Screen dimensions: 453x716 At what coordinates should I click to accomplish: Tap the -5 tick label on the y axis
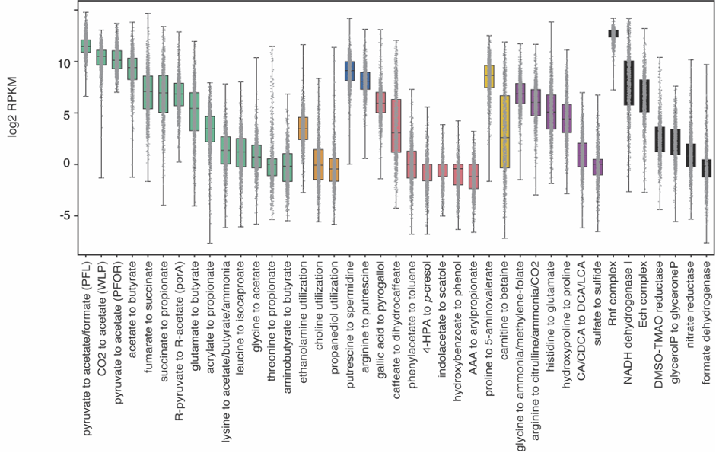(x=63, y=215)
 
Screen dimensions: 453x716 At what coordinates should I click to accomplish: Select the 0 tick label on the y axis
(x=67, y=164)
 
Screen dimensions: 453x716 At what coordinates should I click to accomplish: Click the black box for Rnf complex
(x=613, y=33)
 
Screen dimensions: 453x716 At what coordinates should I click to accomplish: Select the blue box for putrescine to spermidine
(x=349, y=71)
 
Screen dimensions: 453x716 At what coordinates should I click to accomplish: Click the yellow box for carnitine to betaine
(x=504, y=131)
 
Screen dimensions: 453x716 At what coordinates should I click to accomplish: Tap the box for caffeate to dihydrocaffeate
(x=396, y=125)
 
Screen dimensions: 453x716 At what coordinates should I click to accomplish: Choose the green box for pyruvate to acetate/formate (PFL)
(x=86, y=46)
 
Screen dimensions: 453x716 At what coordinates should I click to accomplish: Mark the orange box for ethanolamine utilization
(x=303, y=128)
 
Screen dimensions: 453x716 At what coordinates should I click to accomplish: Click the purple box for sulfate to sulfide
(x=597, y=167)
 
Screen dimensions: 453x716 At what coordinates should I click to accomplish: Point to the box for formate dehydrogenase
(x=706, y=168)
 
